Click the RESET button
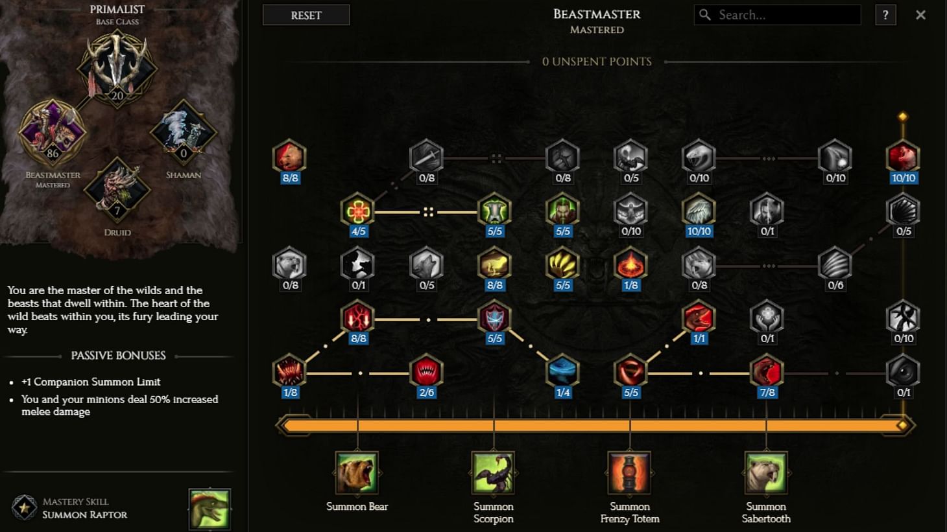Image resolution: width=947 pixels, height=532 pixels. [x=306, y=15]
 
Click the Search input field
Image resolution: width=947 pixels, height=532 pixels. [x=778, y=15]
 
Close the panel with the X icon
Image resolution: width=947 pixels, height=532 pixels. [x=920, y=15]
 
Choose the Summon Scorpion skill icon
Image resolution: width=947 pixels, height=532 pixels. [x=494, y=473]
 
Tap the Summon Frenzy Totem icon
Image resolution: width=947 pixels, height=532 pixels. [x=630, y=473]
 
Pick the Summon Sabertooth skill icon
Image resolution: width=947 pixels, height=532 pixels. [x=766, y=473]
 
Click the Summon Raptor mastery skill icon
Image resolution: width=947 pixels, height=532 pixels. [x=210, y=509]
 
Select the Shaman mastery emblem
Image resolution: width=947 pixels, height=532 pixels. [x=184, y=132]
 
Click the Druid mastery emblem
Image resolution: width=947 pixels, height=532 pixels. [x=117, y=190]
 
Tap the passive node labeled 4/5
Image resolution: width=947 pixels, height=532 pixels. [x=357, y=210]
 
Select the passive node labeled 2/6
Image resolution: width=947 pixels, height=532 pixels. [x=426, y=371]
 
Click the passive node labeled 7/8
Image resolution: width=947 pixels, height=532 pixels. [x=767, y=371]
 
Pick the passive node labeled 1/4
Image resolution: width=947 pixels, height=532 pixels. [x=563, y=371]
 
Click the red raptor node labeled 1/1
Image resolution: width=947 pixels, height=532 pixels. [x=699, y=318]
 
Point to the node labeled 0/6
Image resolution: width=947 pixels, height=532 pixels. [x=835, y=264]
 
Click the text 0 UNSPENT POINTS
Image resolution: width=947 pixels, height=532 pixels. [x=597, y=62]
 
